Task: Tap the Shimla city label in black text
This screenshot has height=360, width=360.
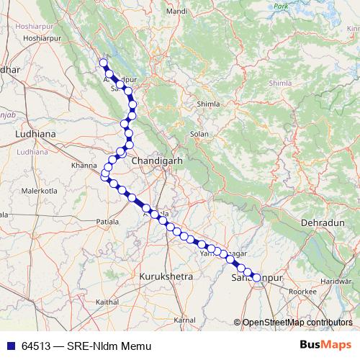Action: [x=208, y=104]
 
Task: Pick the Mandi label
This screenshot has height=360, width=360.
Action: [x=176, y=32]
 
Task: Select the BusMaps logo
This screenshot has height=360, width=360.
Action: [x=325, y=345]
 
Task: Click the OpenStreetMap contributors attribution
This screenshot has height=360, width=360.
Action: [x=297, y=323]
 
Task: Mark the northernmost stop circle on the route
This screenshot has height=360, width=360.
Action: [x=103, y=63]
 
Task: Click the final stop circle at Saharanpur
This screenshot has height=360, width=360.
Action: [x=256, y=277]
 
